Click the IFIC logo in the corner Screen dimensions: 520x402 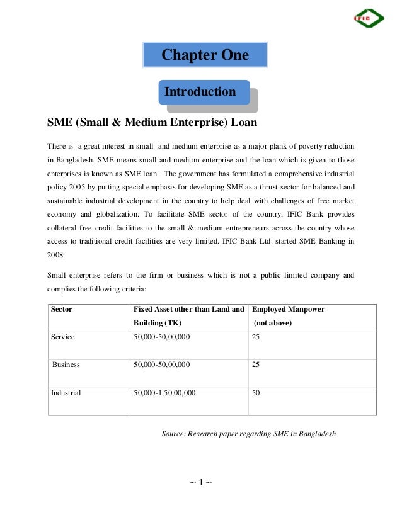point(368,18)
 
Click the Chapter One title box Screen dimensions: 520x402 point(205,55)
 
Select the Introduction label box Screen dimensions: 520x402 point(200,93)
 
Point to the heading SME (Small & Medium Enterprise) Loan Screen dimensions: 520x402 point(152,121)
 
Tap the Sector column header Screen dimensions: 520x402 point(62,310)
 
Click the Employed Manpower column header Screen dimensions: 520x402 point(288,310)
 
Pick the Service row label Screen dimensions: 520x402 point(63,337)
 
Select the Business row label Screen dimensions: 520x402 point(66,365)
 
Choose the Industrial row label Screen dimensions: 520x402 point(66,393)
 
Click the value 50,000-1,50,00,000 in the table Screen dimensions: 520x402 point(164,393)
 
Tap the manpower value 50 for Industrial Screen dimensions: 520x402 point(256,393)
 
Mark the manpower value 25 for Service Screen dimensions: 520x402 point(256,337)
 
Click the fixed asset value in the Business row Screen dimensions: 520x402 point(162,365)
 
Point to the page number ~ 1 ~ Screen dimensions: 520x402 point(200,483)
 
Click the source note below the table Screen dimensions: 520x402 point(249,434)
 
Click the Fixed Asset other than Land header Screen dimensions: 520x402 point(188,310)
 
